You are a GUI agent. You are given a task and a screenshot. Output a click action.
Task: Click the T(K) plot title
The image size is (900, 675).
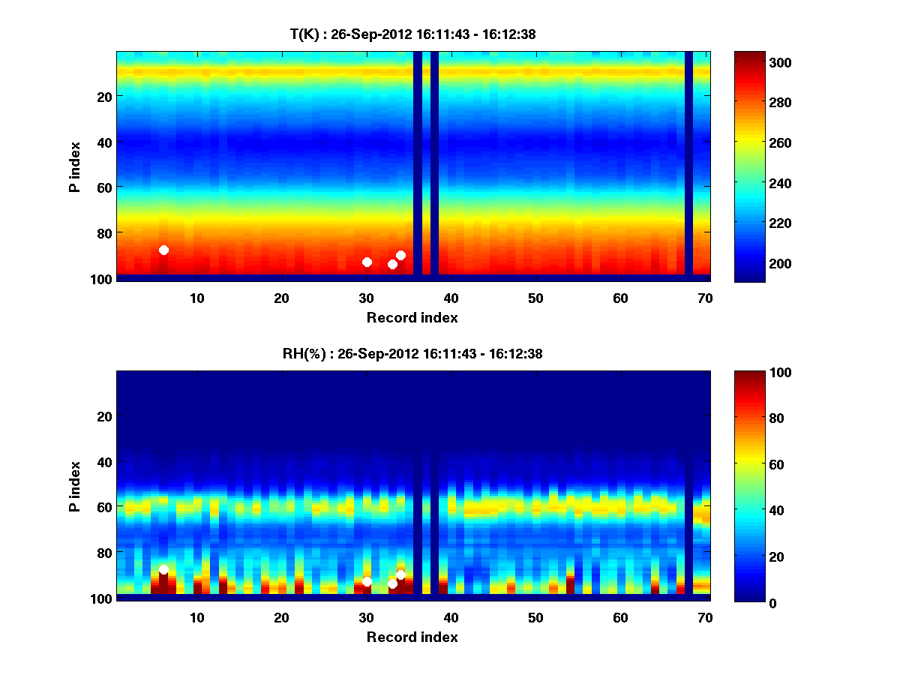[x=412, y=34]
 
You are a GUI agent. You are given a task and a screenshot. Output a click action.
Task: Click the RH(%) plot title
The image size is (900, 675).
[x=412, y=353]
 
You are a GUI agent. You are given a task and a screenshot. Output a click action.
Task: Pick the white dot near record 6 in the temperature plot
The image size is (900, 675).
[x=163, y=250]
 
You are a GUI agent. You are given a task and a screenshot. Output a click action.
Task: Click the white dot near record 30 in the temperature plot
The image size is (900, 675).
[x=367, y=262]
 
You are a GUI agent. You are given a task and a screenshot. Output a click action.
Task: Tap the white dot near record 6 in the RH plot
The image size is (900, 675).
[x=163, y=570]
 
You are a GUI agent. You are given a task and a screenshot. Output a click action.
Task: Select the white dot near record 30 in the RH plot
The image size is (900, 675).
[x=367, y=581]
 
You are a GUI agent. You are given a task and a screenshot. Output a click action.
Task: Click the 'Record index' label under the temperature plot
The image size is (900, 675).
[x=412, y=317]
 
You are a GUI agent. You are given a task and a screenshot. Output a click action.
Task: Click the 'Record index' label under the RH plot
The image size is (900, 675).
[x=412, y=637]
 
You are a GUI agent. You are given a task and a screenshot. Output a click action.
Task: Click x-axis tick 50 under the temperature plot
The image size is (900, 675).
[x=535, y=298]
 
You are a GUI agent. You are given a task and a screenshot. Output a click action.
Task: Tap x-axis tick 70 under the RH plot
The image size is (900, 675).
[x=705, y=617]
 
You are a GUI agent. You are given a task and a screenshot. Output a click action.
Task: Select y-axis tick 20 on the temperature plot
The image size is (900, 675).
[x=103, y=96]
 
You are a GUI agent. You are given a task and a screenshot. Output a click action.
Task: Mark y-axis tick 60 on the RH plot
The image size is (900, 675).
[x=103, y=507]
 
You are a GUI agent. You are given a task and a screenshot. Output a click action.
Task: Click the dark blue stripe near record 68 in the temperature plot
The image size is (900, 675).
[x=688, y=165]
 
